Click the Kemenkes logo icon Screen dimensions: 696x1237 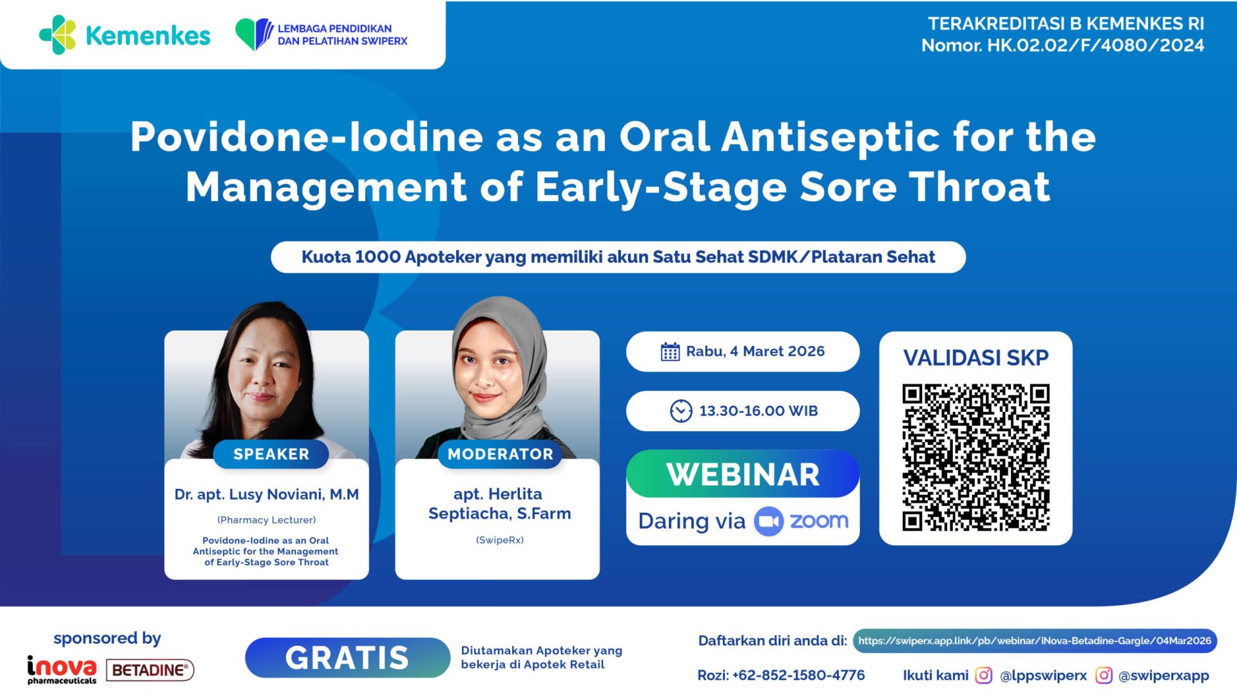point(58,35)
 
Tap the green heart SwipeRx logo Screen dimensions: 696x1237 point(254,34)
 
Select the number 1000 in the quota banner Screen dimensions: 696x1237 point(378,257)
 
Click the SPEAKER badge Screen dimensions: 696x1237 point(271,454)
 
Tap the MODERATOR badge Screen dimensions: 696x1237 point(500,454)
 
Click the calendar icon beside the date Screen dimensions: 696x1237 point(670,352)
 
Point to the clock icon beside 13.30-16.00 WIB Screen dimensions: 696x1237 point(680,411)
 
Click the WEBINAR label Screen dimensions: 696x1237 point(743,475)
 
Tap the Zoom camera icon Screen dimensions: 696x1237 point(769,521)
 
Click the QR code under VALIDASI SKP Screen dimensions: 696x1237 point(975,458)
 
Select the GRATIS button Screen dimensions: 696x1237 point(347,658)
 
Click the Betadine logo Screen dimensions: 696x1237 point(150,670)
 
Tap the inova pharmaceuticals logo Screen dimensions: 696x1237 point(62,670)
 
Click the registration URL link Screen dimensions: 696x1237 point(1035,641)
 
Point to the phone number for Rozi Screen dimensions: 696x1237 point(798,675)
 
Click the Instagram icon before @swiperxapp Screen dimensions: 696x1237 point(1104,675)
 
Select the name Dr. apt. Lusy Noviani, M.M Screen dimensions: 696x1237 point(267,494)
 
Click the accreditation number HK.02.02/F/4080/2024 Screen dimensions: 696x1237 point(1095,45)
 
